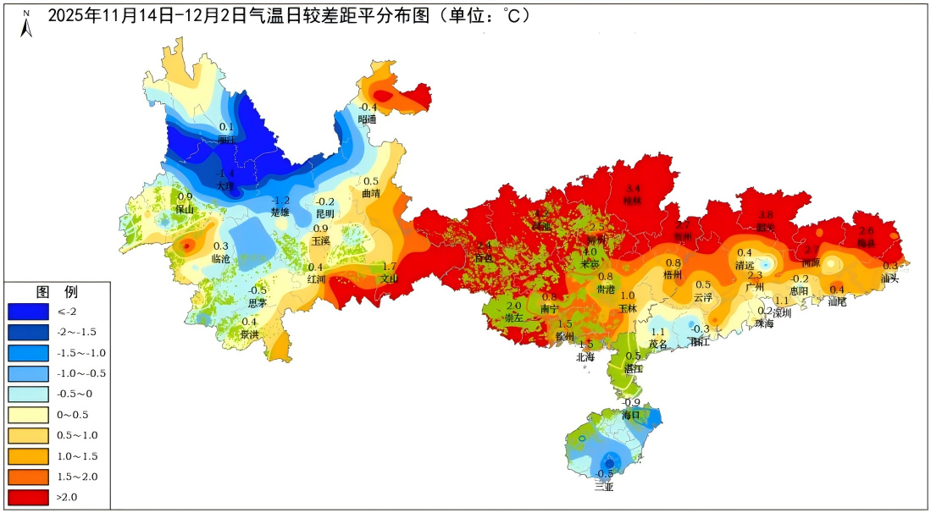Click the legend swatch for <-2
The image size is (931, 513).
(x=28, y=312)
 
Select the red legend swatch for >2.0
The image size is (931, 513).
(x=28, y=497)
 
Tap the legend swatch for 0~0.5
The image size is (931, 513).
(x=28, y=415)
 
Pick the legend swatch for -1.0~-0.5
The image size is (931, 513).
(x=28, y=373)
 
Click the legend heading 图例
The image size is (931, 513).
(x=57, y=292)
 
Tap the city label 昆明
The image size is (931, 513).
(x=325, y=214)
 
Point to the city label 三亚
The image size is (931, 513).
(x=603, y=486)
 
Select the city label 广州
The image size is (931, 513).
(x=755, y=288)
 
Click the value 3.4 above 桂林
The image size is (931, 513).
(x=634, y=188)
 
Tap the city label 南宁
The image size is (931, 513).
(x=549, y=310)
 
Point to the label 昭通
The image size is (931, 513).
(x=367, y=119)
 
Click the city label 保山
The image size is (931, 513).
(x=185, y=209)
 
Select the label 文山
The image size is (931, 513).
(x=389, y=279)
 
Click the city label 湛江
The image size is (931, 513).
(x=634, y=369)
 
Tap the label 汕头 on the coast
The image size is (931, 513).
(x=889, y=278)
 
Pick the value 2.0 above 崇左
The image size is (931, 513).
(x=513, y=306)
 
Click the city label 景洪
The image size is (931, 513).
(x=250, y=334)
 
